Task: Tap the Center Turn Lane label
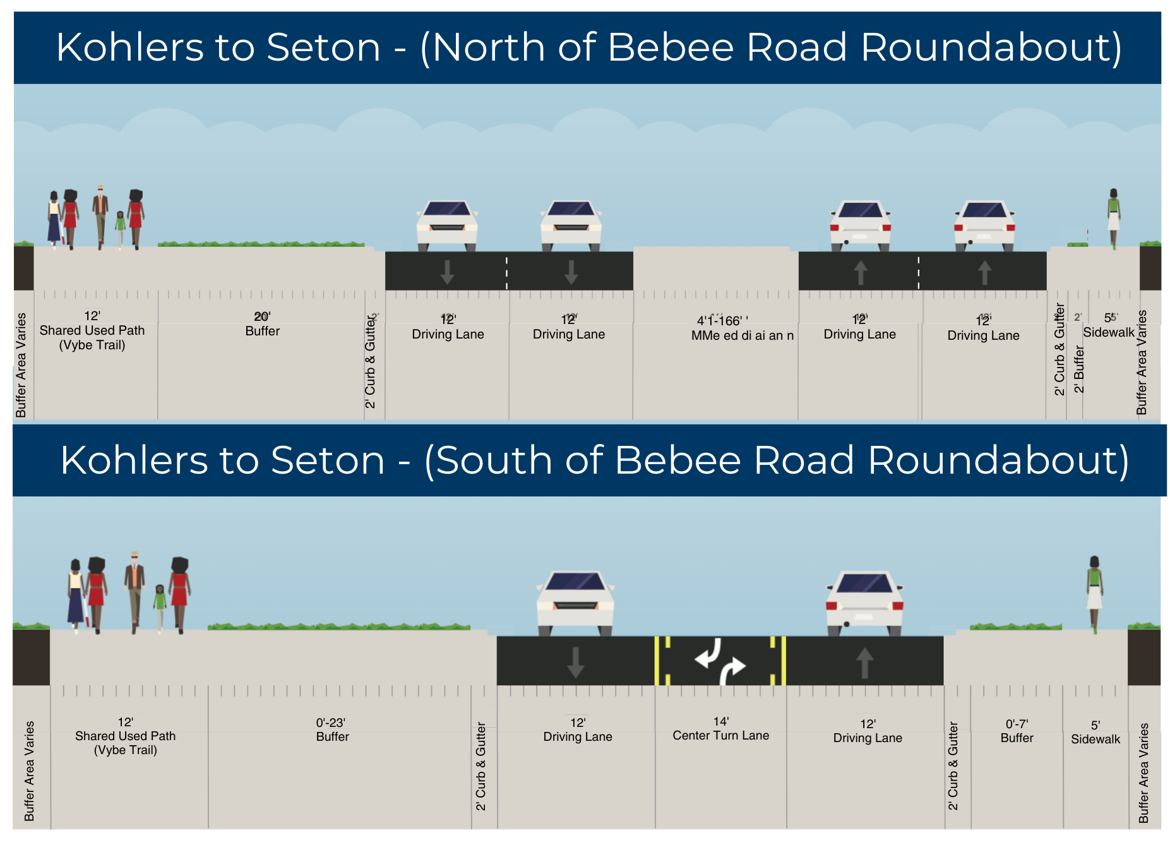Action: point(720,735)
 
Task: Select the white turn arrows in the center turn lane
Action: point(720,661)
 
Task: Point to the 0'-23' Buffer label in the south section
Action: point(332,730)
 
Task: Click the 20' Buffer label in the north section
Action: point(262,324)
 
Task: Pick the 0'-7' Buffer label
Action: point(1017,731)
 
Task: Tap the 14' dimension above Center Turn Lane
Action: point(721,721)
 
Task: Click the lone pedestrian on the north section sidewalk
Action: point(1113,217)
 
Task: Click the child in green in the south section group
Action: point(160,607)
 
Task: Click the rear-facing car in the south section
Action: point(864,602)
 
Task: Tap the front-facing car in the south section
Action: point(575,602)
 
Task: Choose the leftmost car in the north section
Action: point(447,225)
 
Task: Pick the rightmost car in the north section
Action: point(984,226)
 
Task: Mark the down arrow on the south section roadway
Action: point(575,662)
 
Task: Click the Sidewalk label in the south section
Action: point(1095,739)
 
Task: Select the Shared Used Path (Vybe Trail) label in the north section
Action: point(92,337)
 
